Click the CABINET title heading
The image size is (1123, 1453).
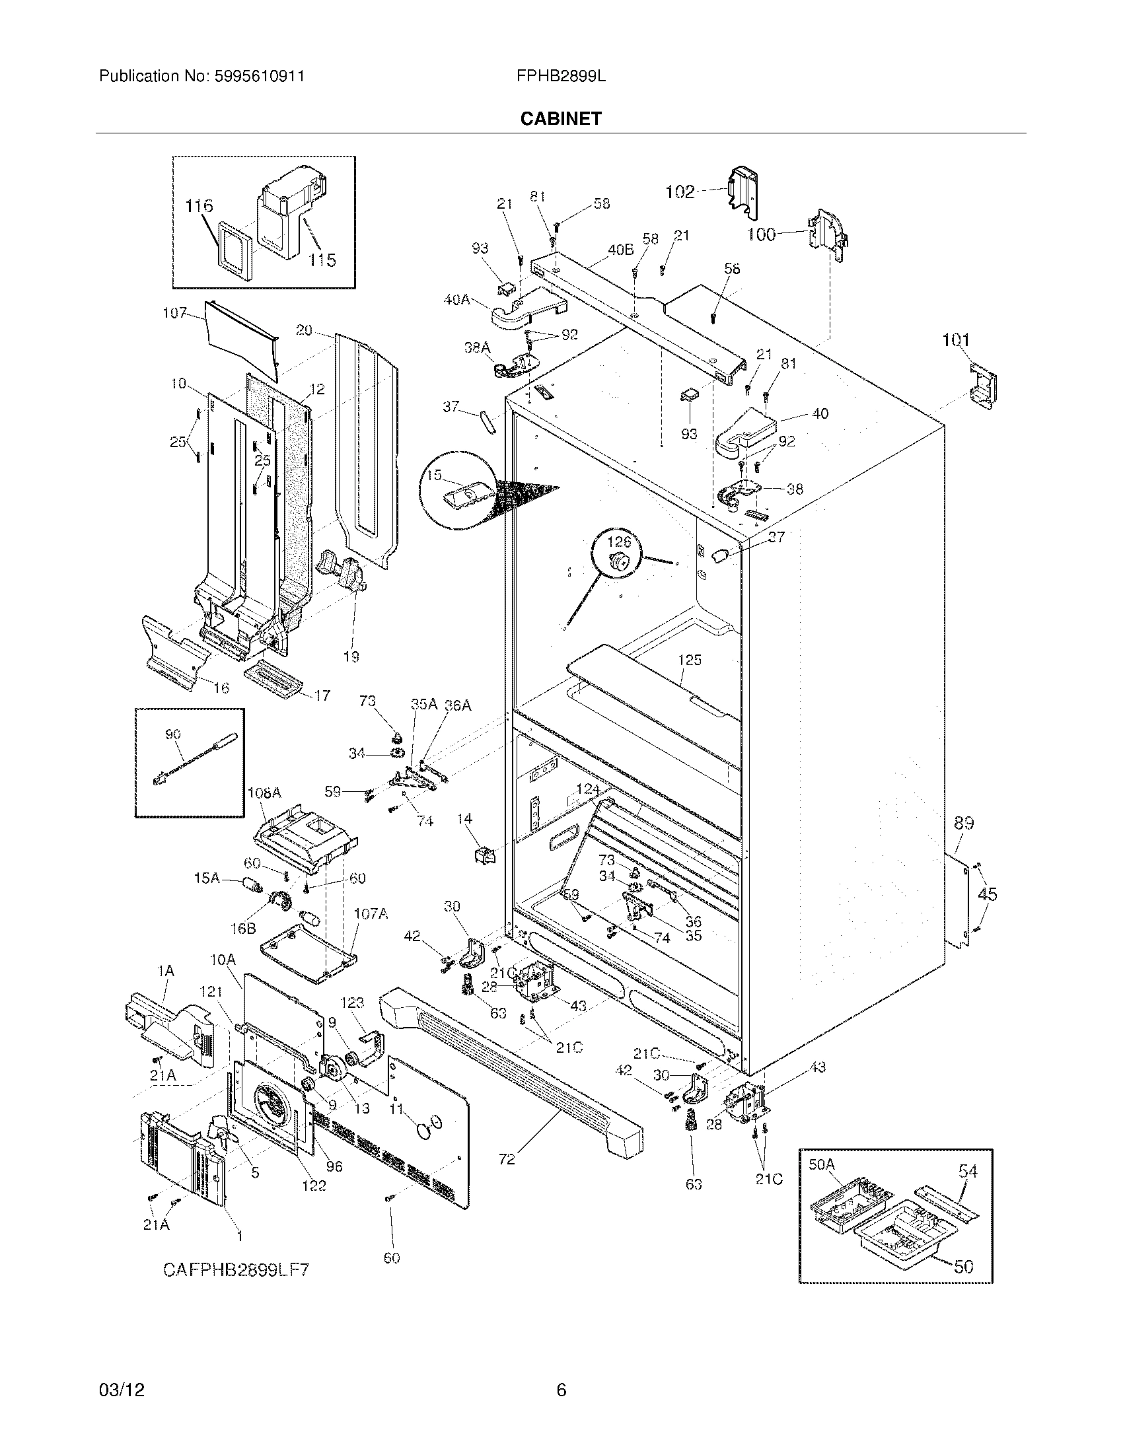[x=560, y=118]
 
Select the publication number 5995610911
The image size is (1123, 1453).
[x=260, y=77]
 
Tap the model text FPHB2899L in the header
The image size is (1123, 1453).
[x=560, y=77]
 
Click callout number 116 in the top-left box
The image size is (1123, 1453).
[x=199, y=205]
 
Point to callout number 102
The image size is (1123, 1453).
[x=680, y=192]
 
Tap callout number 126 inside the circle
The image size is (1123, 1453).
[x=619, y=543]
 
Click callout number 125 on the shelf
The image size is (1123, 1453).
[x=690, y=660]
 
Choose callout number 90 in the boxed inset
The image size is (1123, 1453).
[x=173, y=734]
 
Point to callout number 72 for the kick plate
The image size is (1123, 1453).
[x=506, y=1159]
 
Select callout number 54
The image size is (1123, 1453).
[x=968, y=1171]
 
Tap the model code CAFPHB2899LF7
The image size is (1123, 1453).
[x=236, y=1269]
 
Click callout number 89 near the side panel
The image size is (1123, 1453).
[x=964, y=823]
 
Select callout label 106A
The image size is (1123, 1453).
[x=264, y=793]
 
